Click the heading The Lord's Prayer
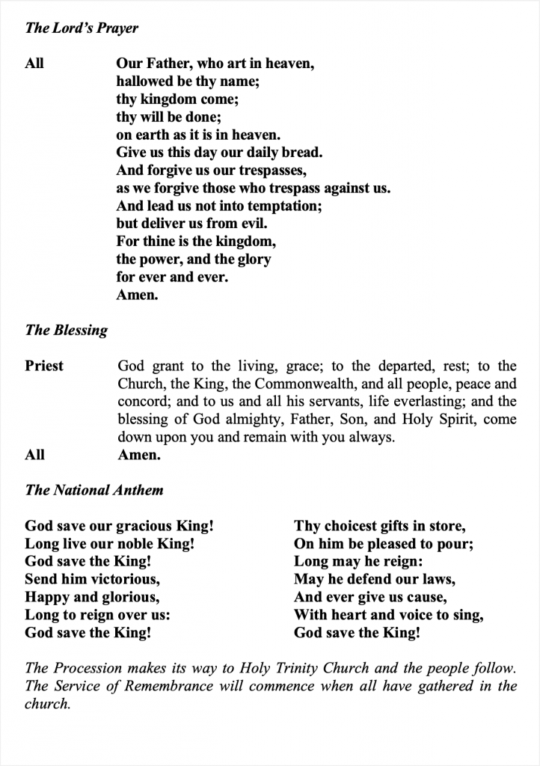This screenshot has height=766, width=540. (x=82, y=28)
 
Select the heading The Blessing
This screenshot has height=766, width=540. (x=66, y=330)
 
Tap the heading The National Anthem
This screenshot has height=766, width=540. (x=93, y=491)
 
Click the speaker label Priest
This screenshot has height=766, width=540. (x=44, y=366)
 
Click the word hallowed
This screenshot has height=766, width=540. (x=144, y=82)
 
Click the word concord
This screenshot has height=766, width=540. (x=141, y=402)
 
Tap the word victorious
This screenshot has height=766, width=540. (x=123, y=580)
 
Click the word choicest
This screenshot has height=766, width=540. (x=351, y=527)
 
